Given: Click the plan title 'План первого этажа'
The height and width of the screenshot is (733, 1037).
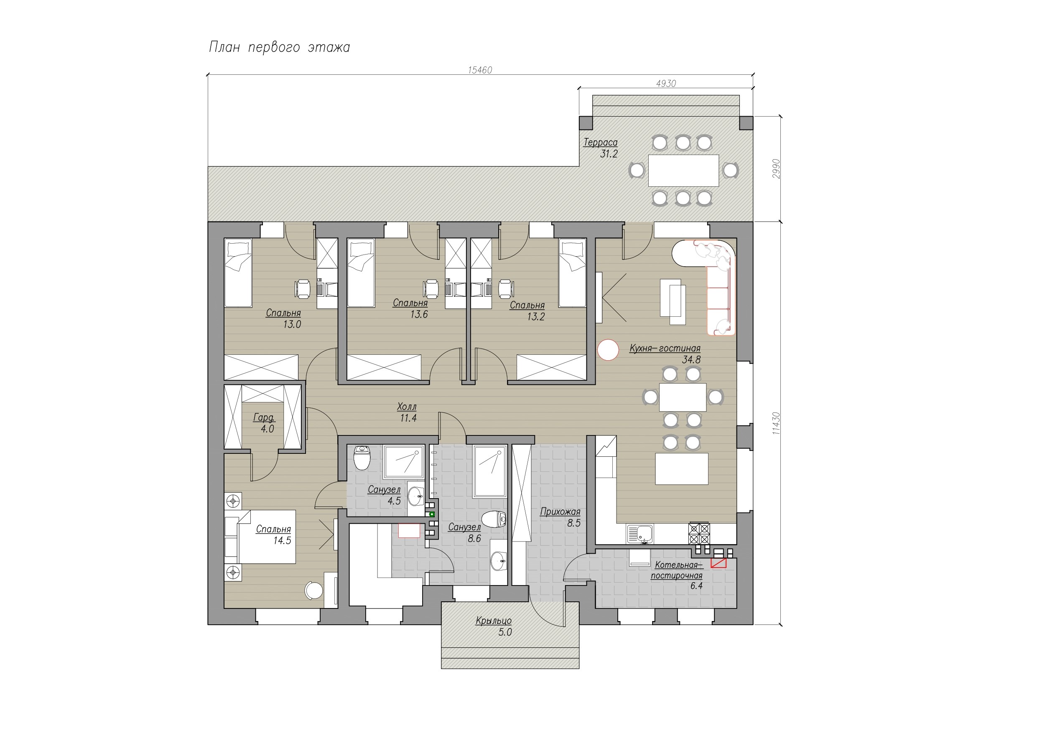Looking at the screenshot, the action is (x=279, y=47).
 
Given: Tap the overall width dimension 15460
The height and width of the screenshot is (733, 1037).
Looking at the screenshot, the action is (x=480, y=70).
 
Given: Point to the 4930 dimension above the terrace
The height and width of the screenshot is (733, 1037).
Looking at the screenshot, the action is (x=666, y=84).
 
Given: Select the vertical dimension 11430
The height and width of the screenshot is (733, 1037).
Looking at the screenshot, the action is (x=776, y=423).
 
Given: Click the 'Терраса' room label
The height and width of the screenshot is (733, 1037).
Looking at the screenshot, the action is (x=600, y=142).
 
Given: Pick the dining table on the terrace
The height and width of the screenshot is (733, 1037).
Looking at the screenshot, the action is (x=683, y=171).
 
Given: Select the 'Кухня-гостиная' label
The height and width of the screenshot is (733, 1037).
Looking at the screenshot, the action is (x=665, y=348).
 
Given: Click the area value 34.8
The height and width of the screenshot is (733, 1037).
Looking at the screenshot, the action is (x=691, y=360).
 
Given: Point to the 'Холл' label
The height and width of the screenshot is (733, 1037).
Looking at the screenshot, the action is (x=407, y=407).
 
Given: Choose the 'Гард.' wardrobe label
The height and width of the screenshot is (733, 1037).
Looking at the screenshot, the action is (x=264, y=418).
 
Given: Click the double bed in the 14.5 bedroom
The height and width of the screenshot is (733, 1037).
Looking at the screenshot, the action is (x=260, y=537).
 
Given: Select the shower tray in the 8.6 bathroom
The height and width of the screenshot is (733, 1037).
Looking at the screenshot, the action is (x=489, y=471).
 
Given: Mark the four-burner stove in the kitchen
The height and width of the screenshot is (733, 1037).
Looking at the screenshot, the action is (x=699, y=533).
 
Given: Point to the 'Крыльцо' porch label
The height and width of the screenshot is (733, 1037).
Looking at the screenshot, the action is (x=493, y=621).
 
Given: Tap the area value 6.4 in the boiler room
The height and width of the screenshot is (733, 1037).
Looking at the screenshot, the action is (x=696, y=586).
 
